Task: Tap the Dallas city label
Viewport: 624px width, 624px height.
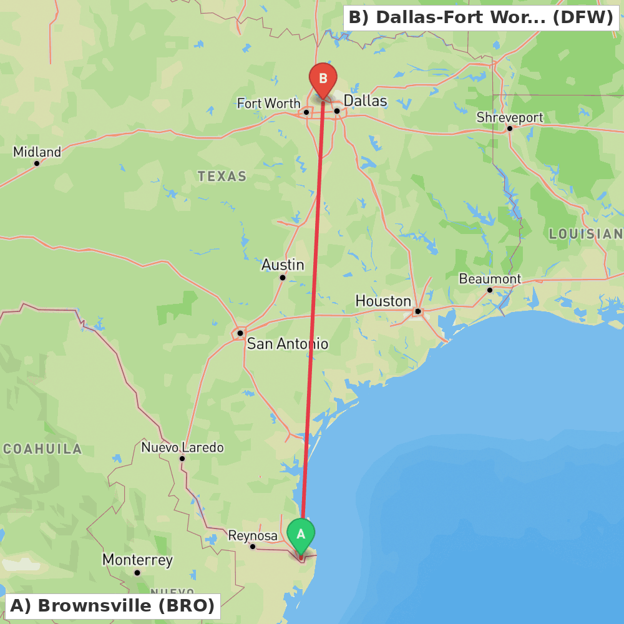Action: [365, 100]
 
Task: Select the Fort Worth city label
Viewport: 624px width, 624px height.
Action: [268, 103]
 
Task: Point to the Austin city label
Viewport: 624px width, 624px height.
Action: [283, 265]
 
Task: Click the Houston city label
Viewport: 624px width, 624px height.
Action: [383, 301]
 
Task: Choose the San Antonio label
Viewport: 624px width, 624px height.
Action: [287, 344]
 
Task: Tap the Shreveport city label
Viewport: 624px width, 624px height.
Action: [510, 117]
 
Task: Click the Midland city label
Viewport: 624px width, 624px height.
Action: [37, 152]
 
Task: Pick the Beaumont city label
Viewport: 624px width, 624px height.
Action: [490, 279]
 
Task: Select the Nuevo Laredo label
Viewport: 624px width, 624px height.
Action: [182, 447]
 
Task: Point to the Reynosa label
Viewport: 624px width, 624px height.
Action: [253, 535]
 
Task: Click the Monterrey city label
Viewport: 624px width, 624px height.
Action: [137, 560]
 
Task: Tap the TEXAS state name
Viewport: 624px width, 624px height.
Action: [222, 177]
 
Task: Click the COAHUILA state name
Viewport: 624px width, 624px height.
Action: [42, 449]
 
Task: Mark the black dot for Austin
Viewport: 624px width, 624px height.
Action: [283, 278]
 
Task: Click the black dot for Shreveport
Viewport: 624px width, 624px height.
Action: [510, 129]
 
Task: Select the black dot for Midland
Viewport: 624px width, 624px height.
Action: [37, 163]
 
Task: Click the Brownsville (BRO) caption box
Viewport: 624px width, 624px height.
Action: [112, 606]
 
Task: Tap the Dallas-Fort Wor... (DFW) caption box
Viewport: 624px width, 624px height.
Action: [480, 17]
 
